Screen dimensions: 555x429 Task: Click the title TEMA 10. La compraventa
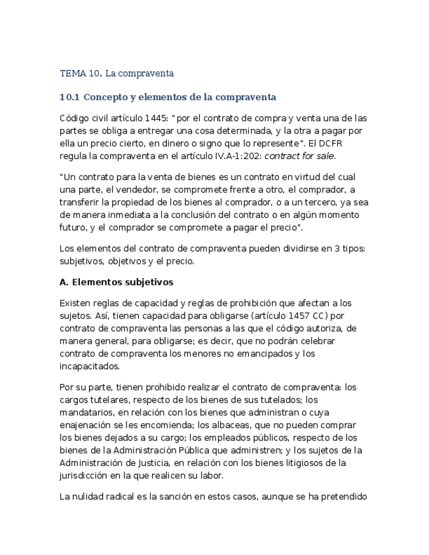coord(116,73)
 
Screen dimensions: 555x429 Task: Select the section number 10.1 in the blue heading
coord(69,98)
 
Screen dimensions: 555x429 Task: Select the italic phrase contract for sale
coord(299,156)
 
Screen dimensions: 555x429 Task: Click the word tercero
coord(324,203)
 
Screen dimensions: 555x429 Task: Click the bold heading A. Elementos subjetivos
coord(116,282)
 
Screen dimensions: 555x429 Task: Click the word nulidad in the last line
coord(94,496)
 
